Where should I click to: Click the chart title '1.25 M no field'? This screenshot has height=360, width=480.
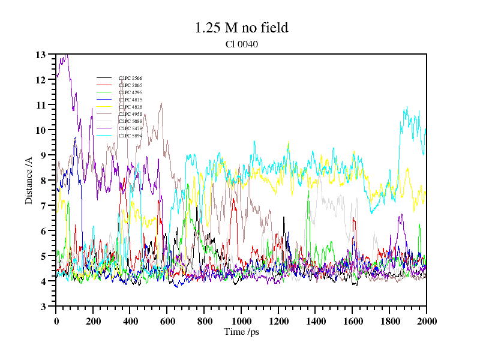tap(241, 28)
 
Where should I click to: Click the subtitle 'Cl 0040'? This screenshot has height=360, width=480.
tap(241, 44)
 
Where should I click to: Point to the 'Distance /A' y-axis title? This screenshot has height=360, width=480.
tap(29, 180)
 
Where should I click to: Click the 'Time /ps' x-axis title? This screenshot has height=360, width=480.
tap(241, 331)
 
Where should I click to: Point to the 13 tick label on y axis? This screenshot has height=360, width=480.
tap(41, 55)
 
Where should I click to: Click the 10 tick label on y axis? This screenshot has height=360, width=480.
tap(41, 130)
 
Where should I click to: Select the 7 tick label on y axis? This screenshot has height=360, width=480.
tap(43, 206)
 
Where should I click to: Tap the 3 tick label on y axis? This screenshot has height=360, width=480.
tap(43, 307)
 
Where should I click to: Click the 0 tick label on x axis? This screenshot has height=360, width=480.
tap(56, 321)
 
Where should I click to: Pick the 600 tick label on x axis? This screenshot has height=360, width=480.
tap(167, 321)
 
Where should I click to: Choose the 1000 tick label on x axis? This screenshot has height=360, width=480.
tap(241, 321)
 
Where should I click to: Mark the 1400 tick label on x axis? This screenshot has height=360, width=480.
tap(315, 321)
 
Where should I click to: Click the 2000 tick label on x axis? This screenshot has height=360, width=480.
tap(426, 321)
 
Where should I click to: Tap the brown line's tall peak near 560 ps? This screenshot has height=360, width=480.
tap(161, 103)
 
